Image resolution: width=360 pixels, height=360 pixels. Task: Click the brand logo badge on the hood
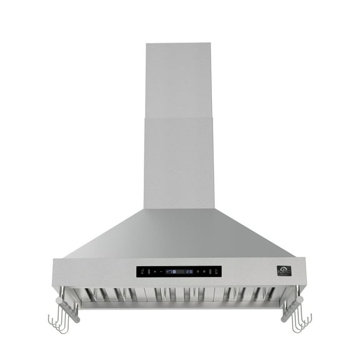(284, 271)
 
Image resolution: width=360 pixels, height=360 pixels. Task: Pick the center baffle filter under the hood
(180, 294)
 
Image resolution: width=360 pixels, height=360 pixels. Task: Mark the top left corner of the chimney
(147, 44)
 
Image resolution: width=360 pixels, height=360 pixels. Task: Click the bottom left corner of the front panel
(54, 284)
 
